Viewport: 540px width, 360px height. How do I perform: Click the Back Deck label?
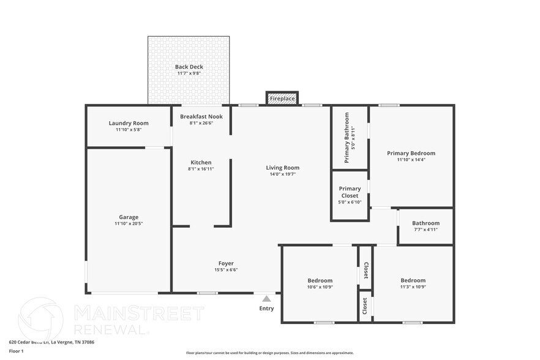pos(189,67)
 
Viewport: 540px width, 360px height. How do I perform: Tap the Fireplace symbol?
pos(282,99)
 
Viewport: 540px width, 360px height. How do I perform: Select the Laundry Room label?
pos(129,123)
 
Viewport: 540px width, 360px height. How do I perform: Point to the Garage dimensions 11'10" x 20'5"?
pos(129,224)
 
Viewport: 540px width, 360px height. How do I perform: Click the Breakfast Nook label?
pos(201,116)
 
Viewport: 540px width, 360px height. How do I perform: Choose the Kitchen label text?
pos(200,162)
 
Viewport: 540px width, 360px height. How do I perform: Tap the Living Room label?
pos(282,168)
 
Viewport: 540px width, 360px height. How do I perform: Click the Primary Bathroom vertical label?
pos(347,138)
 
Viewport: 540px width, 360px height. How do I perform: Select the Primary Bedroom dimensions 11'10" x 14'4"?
pos(411,160)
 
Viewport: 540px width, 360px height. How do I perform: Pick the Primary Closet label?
pos(350,192)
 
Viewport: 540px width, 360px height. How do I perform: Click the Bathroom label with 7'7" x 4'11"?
pos(426,223)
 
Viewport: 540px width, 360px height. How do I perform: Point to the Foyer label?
pos(226,263)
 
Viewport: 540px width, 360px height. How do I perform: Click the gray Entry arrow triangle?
pos(266,299)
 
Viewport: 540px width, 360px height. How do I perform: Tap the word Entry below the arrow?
pos(266,309)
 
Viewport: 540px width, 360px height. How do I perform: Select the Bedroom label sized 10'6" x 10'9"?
pos(320,280)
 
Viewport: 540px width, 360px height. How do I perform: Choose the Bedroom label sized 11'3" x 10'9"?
pos(413,280)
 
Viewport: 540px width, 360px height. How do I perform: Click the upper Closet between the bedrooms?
pos(366,268)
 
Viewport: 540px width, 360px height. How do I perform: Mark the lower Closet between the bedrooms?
pos(366,305)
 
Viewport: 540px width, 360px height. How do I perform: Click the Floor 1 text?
pos(16,351)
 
